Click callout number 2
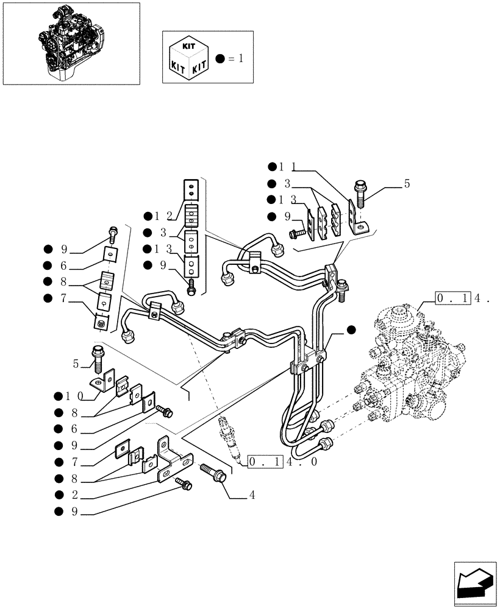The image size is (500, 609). (74, 495)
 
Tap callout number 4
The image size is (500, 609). (251, 496)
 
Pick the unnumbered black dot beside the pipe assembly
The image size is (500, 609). (351, 329)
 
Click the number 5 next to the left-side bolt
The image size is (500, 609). (76, 364)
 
